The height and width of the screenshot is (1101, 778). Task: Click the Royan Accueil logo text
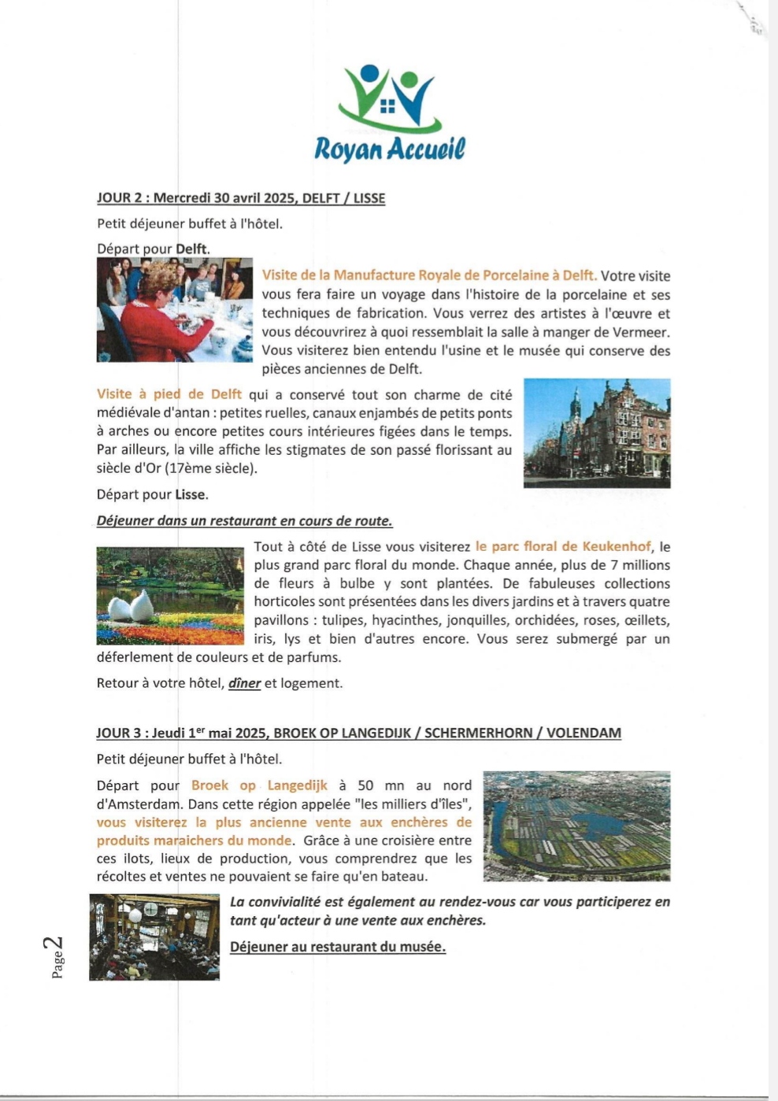click(390, 148)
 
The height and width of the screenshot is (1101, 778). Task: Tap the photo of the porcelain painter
click(175, 310)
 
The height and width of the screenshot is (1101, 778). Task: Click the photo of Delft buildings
click(597, 434)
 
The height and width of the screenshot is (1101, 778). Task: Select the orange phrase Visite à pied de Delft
click(169, 394)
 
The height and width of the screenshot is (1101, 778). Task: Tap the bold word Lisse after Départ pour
click(191, 495)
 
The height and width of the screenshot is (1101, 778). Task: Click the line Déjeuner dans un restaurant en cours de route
click(244, 521)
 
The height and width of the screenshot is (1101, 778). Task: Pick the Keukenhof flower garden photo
click(170, 596)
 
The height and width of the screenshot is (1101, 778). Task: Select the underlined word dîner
click(244, 683)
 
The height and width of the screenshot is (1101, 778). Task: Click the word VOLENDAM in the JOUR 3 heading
click(583, 733)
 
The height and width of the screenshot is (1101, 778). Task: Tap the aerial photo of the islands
click(576, 826)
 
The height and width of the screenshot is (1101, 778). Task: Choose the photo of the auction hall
click(154, 937)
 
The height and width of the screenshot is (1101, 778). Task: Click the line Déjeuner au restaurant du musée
click(338, 947)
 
